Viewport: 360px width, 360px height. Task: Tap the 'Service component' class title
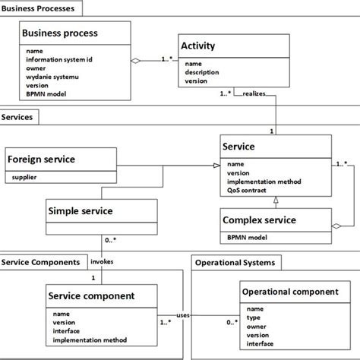click(92, 295)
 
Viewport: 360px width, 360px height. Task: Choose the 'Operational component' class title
click(289, 292)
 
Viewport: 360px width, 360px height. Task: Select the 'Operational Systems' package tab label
click(235, 262)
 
